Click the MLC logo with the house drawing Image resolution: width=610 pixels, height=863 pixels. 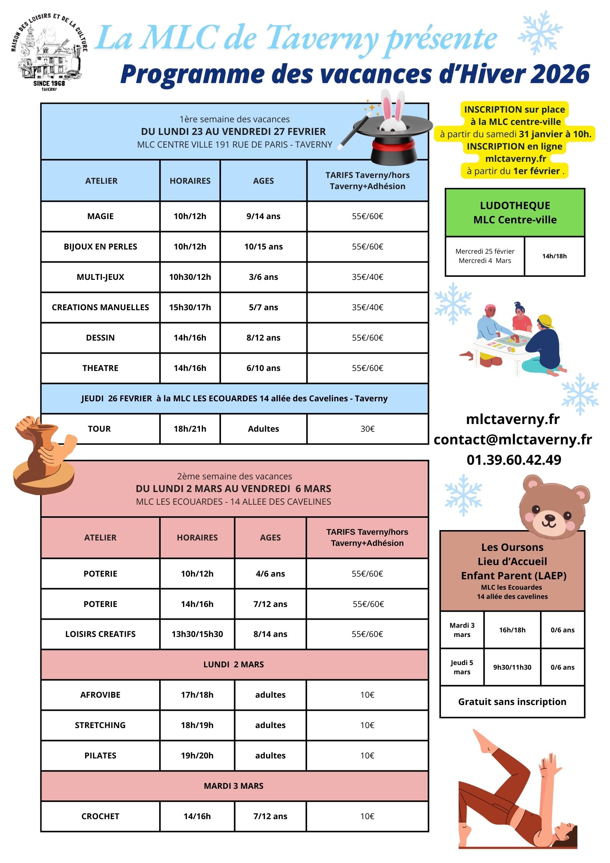[x=49, y=52]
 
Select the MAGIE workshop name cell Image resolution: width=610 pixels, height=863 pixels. [x=100, y=216]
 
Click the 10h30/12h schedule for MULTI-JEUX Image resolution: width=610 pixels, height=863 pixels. [x=190, y=277]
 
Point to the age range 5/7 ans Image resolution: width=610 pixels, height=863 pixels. [x=263, y=308]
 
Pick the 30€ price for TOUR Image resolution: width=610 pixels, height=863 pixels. [x=367, y=429]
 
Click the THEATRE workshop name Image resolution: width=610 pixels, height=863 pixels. [x=100, y=368]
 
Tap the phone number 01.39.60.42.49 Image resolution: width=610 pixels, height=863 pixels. [x=514, y=460]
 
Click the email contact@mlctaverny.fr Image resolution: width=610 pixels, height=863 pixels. [x=513, y=439]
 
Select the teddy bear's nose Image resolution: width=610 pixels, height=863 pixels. [x=549, y=517]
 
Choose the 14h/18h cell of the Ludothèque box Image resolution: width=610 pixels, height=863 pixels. [x=554, y=256]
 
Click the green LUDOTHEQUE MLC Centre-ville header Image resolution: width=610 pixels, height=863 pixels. [x=515, y=213]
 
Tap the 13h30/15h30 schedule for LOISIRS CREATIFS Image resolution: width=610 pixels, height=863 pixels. [x=197, y=634]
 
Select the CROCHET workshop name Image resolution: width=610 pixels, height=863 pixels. [x=100, y=816]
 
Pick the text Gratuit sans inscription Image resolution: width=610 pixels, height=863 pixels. [x=512, y=702]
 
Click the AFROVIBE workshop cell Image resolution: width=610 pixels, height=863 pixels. [x=100, y=695]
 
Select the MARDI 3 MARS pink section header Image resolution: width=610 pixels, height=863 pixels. [x=234, y=786]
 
